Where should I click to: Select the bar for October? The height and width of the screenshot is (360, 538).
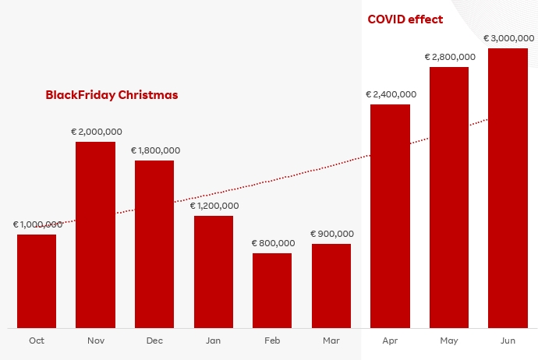point(37,281)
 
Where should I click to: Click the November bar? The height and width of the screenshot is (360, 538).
point(95,235)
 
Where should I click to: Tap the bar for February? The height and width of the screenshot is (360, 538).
point(272,290)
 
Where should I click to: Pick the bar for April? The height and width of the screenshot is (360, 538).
point(390,216)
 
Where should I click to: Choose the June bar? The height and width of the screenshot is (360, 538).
point(508,188)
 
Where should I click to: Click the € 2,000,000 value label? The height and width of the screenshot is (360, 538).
point(96,132)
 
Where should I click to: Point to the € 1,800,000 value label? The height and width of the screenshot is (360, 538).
point(155,150)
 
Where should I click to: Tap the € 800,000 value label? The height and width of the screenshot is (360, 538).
point(273,243)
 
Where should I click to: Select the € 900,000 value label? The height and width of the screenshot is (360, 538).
point(332,234)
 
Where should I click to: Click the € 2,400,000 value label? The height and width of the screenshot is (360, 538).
point(391,94)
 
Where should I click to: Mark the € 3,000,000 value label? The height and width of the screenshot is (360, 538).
point(508,37)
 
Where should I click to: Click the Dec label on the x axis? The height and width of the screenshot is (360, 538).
point(154,341)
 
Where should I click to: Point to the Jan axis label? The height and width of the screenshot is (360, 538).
point(213,341)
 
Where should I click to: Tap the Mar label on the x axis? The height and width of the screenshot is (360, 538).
point(331,341)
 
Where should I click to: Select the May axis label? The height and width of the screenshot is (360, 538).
point(449,341)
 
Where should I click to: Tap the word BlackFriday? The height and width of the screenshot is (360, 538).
point(80,95)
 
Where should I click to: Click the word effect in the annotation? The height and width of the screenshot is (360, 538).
point(427,19)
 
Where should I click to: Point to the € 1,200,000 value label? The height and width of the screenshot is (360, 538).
point(214,206)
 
